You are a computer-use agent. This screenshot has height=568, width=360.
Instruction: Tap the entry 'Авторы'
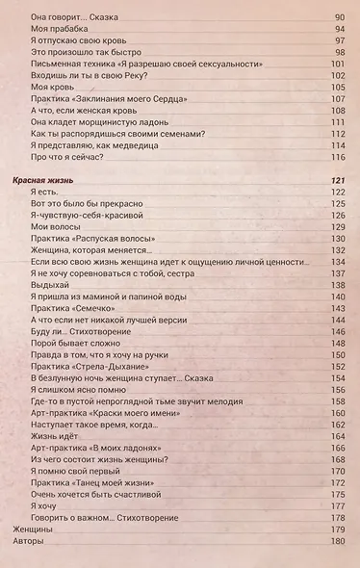31,542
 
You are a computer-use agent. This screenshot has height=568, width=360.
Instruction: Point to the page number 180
337,542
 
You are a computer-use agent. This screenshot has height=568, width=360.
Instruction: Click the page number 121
337,180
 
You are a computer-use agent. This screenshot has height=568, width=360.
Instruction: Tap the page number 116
337,158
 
